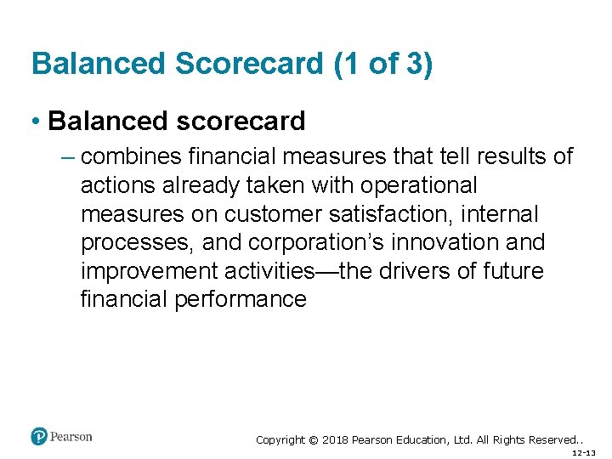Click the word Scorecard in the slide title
(224, 65)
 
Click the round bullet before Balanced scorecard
(37, 122)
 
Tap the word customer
(275, 214)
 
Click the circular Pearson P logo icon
(38, 437)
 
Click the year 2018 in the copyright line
(337, 440)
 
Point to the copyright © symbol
(313, 440)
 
